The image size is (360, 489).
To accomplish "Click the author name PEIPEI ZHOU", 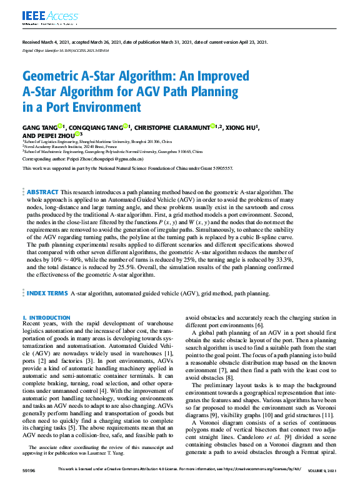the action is pos(54,135).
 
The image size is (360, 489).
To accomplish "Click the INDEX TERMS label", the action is pos(46,293).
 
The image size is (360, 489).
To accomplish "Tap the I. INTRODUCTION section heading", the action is pos(47,318).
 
